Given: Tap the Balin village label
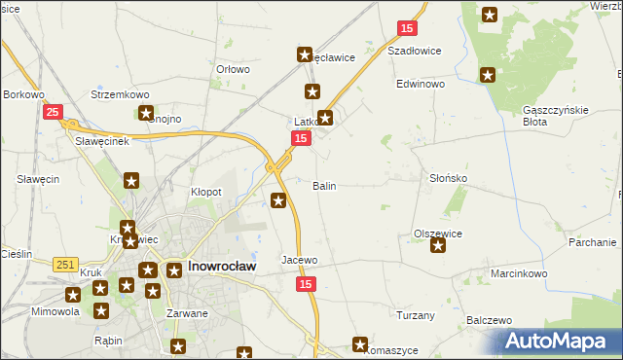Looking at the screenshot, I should coord(324,185).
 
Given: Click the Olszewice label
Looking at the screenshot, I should coord(437,234).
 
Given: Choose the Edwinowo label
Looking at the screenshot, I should coord(420,85).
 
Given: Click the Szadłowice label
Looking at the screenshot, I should coord(415,51).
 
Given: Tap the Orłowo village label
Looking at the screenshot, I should coord(234,69).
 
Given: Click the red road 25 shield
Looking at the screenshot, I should coord(53,113).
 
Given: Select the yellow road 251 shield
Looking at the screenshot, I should coord(65,265).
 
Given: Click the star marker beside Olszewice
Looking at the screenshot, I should coord(438,246).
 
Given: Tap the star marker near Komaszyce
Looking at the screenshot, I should coord(360,344).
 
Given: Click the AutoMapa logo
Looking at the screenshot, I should coord(560,342).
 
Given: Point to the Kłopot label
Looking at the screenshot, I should coord(206,193).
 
